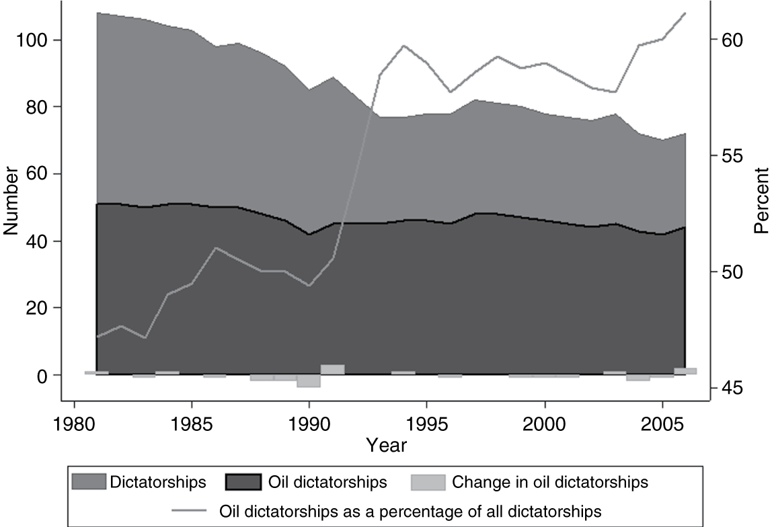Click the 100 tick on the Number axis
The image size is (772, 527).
pyautogui.click(x=34, y=40)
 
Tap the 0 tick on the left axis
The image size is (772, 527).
pyautogui.click(x=42, y=375)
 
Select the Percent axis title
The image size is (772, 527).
pyautogui.click(x=761, y=200)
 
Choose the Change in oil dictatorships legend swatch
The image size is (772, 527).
pyautogui.click(x=428, y=482)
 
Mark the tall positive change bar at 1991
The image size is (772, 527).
pyautogui.click(x=333, y=370)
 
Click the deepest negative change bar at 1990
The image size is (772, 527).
pyautogui.click(x=309, y=380)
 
